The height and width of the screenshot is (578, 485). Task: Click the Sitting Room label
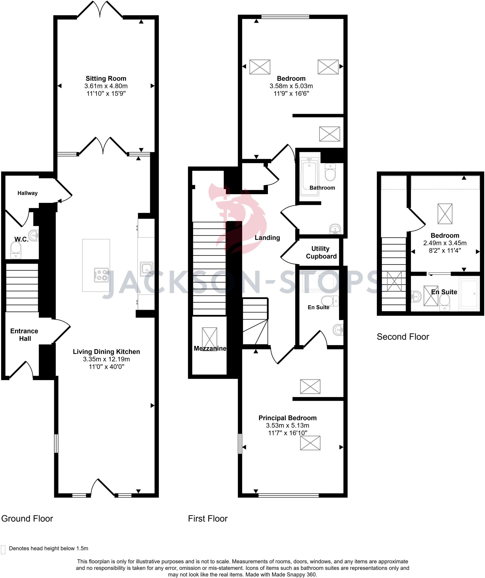pyautogui.click(x=106, y=78)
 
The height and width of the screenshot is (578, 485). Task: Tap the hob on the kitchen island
pyautogui.click(x=101, y=275)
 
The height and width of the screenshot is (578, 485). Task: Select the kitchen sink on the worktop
pyautogui.click(x=147, y=269)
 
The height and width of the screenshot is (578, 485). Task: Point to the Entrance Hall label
pyautogui.click(x=24, y=335)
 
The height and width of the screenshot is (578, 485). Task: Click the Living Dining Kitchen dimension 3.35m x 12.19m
pyautogui.click(x=106, y=359)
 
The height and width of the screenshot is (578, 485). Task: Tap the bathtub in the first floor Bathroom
pyautogui.click(x=309, y=177)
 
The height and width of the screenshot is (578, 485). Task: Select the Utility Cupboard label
pyautogui.click(x=321, y=252)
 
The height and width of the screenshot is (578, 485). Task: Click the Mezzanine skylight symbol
pyautogui.click(x=210, y=339)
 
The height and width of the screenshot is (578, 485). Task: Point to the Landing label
pyautogui.click(x=267, y=238)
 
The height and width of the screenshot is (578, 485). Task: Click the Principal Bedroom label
pyautogui.click(x=287, y=418)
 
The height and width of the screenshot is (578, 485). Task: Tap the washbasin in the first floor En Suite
pyautogui.click(x=338, y=330)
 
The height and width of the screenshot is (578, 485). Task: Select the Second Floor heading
pyautogui.click(x=403, y=337)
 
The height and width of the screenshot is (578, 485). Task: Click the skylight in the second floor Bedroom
pyautogui.click(x=445, y=214)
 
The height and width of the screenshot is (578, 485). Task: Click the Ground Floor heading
pyautogui.click(x=27, y=518)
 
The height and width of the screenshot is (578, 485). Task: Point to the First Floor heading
pyautogui.click(x=207, y=518)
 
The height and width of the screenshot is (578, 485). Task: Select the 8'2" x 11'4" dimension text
pyautogui.click(x=445, y=250)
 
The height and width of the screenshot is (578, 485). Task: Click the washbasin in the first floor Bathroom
pyautogui.click(x=336, y=229)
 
